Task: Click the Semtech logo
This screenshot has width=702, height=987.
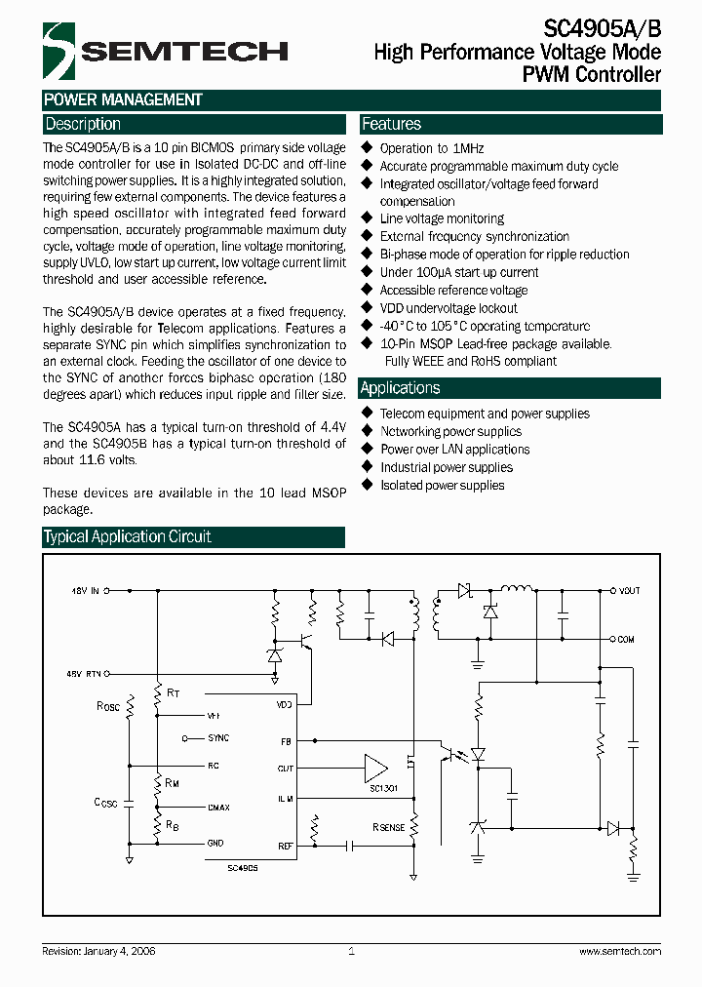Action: (x=165, y=51)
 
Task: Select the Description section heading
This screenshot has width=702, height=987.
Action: (x=83, y=125)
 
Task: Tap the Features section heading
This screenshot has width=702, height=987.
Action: (x=391, y=125)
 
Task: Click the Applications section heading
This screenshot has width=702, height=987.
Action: (x=400, y=388)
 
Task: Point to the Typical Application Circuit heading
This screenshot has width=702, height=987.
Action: (x=128, y=537)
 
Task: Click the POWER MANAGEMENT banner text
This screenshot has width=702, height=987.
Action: (x=123, y=99)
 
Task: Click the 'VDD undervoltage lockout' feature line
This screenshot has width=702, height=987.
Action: (x=448, y=308)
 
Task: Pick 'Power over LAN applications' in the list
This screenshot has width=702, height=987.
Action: (x=454, y=450)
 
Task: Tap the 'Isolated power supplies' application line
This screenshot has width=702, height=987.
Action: (x=442, y=485)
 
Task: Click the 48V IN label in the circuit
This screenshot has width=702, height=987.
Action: (x=84, y=590)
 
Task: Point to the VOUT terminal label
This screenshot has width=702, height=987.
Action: (x=629, y=591)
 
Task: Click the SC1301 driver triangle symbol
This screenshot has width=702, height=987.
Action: (x=375, y=767)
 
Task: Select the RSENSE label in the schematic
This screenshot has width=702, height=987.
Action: (x=388, y=827)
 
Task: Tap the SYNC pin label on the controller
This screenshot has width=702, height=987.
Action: (x=218, y=739)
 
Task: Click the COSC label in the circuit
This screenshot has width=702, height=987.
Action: (x=105, y=802)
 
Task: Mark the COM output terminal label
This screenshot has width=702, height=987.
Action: (x=626, y=640)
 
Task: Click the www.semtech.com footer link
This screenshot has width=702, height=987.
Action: (x=620, y=951)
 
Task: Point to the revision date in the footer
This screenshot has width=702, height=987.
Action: (x=99, y=951)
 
